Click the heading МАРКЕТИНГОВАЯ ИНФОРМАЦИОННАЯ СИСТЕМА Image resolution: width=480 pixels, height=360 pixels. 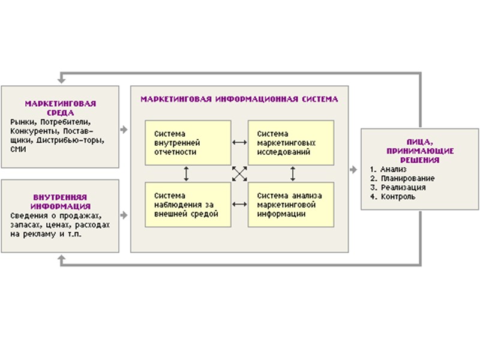(239, 98)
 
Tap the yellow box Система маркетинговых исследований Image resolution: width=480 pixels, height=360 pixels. (291, 143)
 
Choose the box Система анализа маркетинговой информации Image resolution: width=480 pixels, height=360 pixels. (291, 205)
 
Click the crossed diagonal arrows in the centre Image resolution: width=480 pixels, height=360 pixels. (239, 174)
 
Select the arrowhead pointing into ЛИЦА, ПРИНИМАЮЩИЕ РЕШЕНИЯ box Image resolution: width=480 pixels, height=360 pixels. (353, 170)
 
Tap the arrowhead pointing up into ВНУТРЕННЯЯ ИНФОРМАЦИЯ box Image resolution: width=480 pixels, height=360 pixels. (60, 258)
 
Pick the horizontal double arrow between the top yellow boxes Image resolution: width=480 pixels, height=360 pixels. (239, 143)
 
